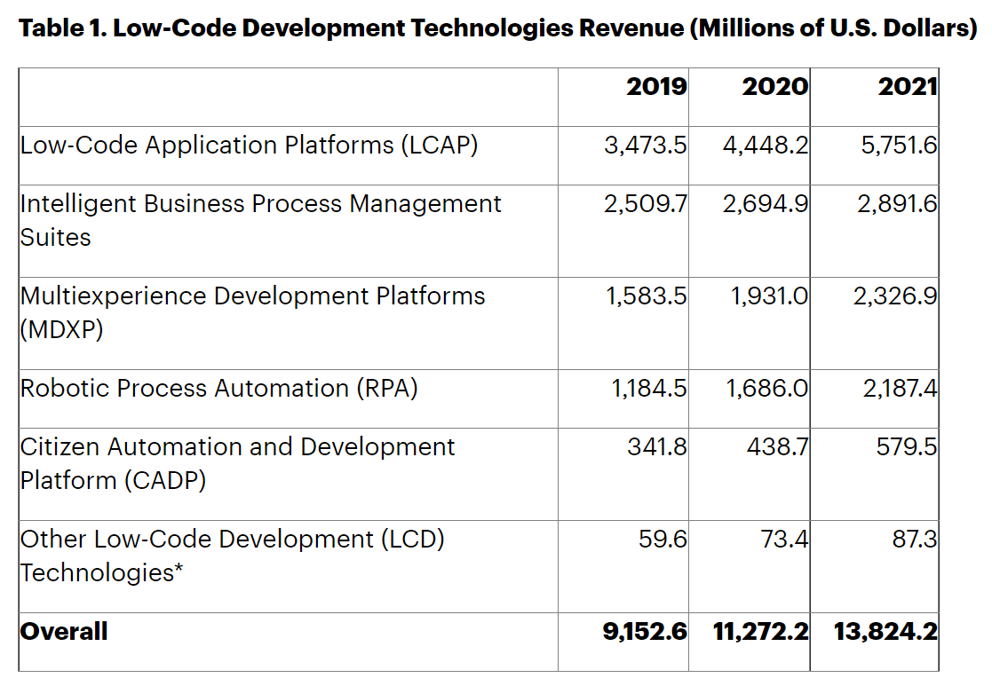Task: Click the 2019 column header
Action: pos(656,87)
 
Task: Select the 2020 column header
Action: pos(775,87)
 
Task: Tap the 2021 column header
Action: pos(907,87)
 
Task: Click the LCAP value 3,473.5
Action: pos(645,146)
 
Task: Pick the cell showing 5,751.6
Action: pos(898,146)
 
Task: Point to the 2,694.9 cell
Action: pos(765,204)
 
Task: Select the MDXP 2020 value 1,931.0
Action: pos(769,296)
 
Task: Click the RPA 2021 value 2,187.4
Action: pos(900,389)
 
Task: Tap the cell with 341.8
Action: pos(656,447)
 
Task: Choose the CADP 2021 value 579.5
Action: pos(906,447)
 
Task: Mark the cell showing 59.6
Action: pos(663,540)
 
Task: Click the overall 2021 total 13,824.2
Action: pos(885,632)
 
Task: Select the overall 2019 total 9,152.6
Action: pos(645,632)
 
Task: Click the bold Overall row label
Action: pos(64,632)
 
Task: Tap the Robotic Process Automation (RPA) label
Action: pos(218,389)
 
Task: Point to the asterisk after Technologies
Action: pos(179,571)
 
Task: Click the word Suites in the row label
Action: pos(55,238)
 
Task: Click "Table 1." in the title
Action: pos(62,28)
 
